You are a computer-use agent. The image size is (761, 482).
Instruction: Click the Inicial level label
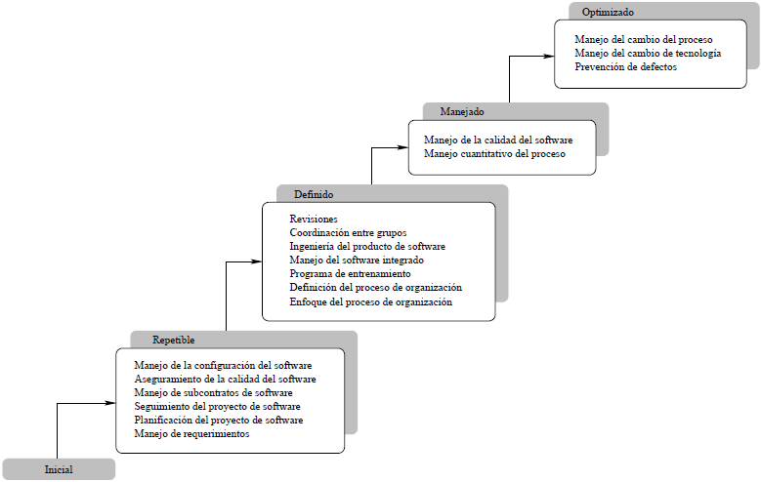point(59,470)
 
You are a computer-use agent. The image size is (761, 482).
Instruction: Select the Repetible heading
point(174,341)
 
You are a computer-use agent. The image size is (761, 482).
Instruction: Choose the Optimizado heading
point(608,13)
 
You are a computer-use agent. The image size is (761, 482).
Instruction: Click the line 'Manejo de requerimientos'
point(191,433)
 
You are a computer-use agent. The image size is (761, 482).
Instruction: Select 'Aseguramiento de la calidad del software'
point(225,379)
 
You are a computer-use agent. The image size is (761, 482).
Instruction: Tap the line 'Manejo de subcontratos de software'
point(213,392)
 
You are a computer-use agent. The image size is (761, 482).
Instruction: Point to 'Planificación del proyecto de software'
point(219,420)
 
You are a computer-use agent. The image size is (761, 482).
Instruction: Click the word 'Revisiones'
point(314,220)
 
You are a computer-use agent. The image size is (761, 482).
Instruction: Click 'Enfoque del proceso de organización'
point(371,302)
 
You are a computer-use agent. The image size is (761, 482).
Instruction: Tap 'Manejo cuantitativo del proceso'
point(494,154)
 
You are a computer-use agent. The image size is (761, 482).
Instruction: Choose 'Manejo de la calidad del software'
point(498,141)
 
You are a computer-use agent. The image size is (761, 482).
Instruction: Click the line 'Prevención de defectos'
point(626,67)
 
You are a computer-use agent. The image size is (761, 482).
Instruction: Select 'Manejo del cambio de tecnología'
point(648,54)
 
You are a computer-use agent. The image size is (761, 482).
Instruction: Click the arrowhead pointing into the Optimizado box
point(549,57)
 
